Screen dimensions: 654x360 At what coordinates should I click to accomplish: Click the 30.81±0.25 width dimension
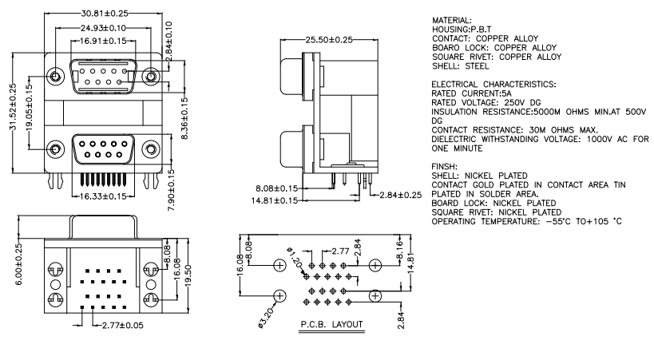pos(105,14)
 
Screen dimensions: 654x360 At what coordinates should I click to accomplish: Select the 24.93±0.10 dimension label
pos(103,28)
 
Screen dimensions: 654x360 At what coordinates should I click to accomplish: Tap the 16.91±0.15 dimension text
pos(103,41)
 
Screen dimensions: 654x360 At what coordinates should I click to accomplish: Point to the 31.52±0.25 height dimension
pos(13,107)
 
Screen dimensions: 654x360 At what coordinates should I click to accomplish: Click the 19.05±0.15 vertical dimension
pos(29,108)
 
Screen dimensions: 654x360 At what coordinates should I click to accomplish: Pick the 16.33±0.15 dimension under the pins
pos(102,196)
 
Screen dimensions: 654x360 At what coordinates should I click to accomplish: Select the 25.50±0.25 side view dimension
pos(329,40)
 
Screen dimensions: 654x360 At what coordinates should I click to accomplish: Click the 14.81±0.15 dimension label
pos(275,200)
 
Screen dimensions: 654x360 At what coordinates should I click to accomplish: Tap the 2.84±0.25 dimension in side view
pos(401,195)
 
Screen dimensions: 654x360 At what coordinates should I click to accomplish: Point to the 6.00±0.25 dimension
pos(19,264)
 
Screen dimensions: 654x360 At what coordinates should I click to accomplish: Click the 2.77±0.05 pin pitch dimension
pos(123,326)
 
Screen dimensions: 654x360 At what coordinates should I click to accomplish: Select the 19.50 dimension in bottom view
pos(188,275)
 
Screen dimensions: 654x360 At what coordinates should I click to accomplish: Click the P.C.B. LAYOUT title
pos(332,324)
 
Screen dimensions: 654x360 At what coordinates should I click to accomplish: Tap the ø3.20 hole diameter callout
pos(267,318)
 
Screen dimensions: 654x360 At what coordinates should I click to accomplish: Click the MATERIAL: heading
pos(452,20)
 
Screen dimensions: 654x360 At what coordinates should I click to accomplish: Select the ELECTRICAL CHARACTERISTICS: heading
pos(493,85)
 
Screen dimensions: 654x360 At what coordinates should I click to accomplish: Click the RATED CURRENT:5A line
pos(471,93)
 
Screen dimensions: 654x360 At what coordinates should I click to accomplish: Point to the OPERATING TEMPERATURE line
pos(527,221)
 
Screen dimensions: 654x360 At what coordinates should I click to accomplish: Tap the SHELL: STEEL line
pos(461,66)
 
